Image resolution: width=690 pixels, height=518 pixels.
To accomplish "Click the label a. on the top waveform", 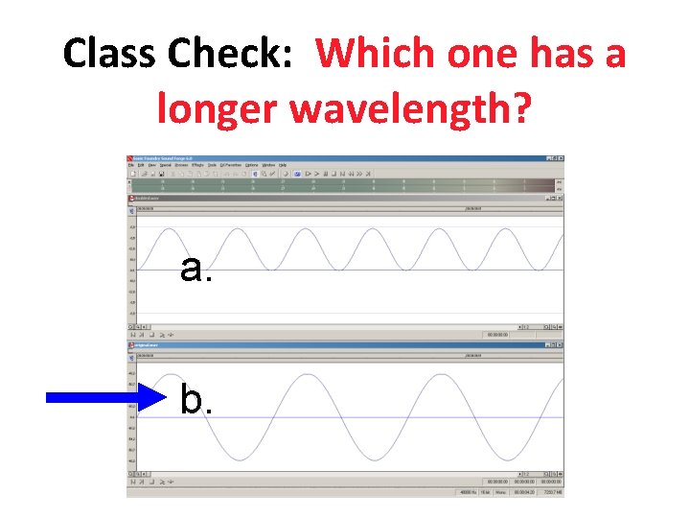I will [195, 270].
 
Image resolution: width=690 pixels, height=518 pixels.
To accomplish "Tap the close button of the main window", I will [561, 158].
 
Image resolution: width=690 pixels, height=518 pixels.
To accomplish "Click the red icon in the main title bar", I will [131, 158].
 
